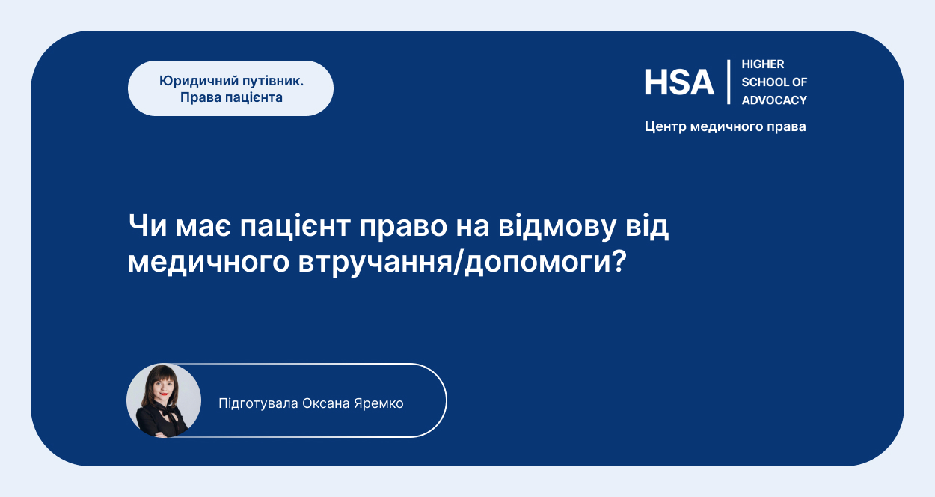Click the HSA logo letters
click(x=679, y=82)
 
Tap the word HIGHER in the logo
click(x=763, y=64)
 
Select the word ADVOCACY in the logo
click(x=774, y=100)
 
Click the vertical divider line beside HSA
click(x=729, y=82)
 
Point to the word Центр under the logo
click(x=666, y=126)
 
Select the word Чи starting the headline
click(x=148, y=225)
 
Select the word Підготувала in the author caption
click(x=258, y=403)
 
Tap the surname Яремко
click(x=378, y=403)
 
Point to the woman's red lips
click(x=163, y=394)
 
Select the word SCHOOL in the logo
click(x=762, y=82)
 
